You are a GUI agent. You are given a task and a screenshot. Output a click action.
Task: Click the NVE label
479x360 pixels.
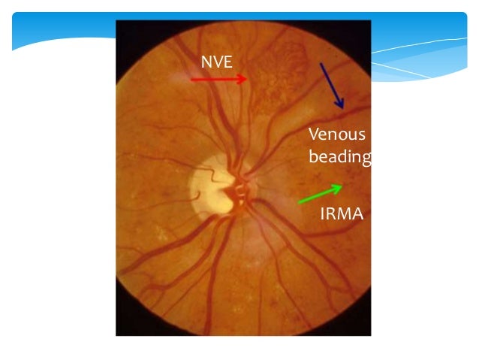point(218,60)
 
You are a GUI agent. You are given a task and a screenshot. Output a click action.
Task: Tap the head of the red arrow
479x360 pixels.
point(246,78)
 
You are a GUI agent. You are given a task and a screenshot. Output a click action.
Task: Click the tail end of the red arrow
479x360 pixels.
point(192,78)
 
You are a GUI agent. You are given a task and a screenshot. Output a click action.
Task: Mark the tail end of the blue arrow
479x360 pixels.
point(321,62)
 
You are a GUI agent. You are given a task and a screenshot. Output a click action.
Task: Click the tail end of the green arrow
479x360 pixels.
point(299,201)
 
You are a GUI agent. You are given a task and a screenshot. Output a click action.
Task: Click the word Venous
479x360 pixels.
point(337,135)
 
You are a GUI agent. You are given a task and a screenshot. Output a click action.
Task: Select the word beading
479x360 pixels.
point(340,158)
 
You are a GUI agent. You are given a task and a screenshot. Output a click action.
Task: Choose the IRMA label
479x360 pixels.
point(342,215)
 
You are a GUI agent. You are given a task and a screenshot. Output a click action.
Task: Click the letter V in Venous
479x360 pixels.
point(314,135)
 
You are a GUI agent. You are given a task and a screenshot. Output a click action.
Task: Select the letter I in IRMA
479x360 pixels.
point(322,215)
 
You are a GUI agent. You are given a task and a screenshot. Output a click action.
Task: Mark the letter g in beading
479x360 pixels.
point(366,159)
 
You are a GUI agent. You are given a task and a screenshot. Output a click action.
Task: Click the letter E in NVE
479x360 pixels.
point(229,60)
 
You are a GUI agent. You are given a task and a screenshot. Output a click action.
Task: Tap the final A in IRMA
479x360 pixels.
point(357,215)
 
